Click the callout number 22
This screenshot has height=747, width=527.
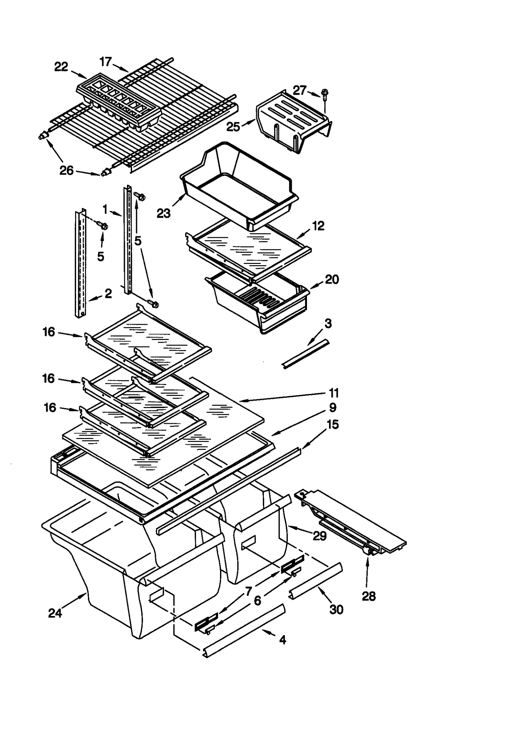[x=61, y=67]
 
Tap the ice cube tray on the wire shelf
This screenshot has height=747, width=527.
[x=119, y=102]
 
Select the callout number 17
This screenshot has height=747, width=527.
[x=106, y=62]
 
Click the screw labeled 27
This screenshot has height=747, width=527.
[x=324, y=93]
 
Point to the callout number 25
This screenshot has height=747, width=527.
[x=233, y=127]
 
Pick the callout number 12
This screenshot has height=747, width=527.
[x=318, y=226]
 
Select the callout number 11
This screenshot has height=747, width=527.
[x=333, y=393]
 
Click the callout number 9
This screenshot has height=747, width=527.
[x=333, y=408]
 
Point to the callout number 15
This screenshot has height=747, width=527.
[x=333, y=425]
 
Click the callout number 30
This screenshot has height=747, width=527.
[x=336, y=609]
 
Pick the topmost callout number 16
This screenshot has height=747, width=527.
[x=48, y=332]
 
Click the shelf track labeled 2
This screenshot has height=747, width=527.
[x=80, y=263]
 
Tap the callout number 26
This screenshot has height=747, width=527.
[x=66, y=170]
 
